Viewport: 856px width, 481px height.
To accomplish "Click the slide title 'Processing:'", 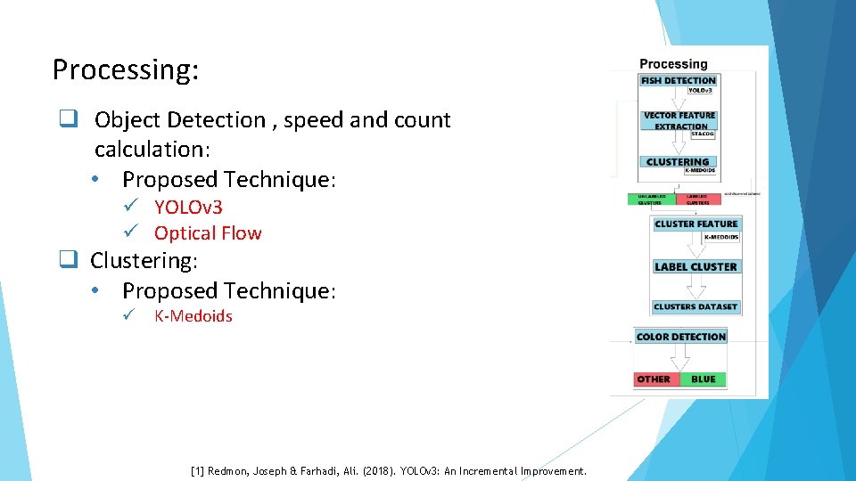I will coord(125,69).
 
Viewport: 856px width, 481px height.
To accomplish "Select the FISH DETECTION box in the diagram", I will coord(678,80).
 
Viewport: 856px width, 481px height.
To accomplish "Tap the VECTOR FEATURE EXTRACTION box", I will coord(679,120).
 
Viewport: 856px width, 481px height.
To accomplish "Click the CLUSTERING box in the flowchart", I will coord(677,162).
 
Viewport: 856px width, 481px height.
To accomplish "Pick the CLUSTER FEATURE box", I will coord(695,224).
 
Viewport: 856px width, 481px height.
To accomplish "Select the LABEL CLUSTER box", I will coord(695,266).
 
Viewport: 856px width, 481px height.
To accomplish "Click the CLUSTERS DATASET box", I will coord(695,306).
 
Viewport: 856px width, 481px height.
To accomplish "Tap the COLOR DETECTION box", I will coord(681,337).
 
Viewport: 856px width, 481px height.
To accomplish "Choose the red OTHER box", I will coord(654,379).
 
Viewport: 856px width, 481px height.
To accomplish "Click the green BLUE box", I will coord(703,379).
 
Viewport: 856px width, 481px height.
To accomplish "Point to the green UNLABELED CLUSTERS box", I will coord(651,200).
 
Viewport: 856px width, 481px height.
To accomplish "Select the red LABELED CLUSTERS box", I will coord(698,200).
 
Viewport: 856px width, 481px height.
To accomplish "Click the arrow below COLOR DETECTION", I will coord(680,357).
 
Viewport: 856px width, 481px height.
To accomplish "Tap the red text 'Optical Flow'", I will coord(208,233).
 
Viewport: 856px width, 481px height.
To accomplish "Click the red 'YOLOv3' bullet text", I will coord(188,208).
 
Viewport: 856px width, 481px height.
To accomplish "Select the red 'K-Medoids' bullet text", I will coord(193,316).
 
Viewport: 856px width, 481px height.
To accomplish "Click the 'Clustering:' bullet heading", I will coord(144,261).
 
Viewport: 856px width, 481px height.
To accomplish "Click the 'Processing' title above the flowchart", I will coord(673,64).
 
